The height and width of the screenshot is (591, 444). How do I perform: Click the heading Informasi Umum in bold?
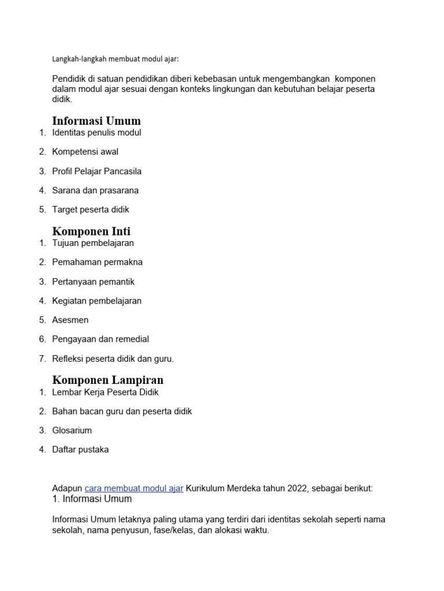[96, 121]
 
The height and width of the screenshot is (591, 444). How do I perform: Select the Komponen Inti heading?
[91, 231]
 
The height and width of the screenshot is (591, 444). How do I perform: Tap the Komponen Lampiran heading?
[108, 380]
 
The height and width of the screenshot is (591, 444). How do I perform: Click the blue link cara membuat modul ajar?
[134, 488]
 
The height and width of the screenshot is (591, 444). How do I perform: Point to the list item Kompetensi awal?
[85, 152]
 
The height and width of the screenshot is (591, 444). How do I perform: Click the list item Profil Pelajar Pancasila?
[97, 171]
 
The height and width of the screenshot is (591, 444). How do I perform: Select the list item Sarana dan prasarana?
[95, 190]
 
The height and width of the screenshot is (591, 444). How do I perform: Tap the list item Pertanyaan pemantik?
[93, 282]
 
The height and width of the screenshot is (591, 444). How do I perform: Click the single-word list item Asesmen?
[70, 320]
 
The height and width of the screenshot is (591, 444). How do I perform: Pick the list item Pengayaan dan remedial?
[100, 339]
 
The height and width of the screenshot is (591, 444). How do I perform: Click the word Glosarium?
[72, 431]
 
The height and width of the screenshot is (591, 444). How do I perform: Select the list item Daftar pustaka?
[80, 450]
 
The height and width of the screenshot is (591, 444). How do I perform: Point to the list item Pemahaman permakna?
[97, 262]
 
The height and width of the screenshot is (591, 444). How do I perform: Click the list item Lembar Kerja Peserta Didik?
[105, 392]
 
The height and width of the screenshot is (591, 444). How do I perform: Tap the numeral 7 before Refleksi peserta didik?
[42, 358]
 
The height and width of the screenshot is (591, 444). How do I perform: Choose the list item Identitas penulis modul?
[97, 133]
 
